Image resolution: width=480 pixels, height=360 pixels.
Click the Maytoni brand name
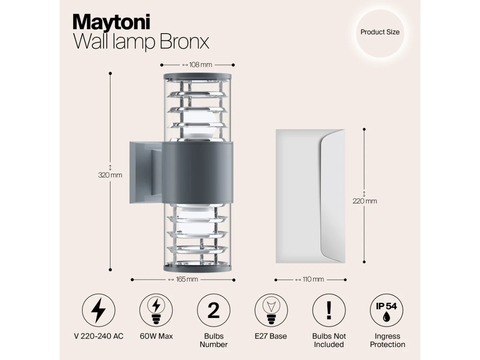tap(111, 22)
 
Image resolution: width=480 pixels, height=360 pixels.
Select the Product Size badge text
tap(380, 32)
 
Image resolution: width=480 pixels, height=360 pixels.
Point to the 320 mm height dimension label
tap(110, 175)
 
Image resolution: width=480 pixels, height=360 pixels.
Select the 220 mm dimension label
tap(364, 201)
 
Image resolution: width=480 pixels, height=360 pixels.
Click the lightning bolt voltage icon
tap(98, 310)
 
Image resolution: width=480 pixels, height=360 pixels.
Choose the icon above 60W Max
tap(156, 310)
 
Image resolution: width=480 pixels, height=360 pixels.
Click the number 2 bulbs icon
tap(214, 310)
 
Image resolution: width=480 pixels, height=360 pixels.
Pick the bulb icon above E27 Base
tap(271, 310)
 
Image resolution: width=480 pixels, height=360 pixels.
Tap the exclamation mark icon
tap(329, 310)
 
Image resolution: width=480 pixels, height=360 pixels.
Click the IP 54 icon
tap(386, 310)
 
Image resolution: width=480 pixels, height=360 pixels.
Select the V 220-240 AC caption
tap(99, 336)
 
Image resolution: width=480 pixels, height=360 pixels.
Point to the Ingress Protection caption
tap(388, 340)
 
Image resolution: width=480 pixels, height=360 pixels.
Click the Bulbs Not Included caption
tap(329, 340)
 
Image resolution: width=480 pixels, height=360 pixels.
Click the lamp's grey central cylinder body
tap(197, 173)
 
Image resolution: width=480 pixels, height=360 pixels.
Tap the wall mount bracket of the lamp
tap(146, 173)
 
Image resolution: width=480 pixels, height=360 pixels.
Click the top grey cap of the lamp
tap(197, 76)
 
